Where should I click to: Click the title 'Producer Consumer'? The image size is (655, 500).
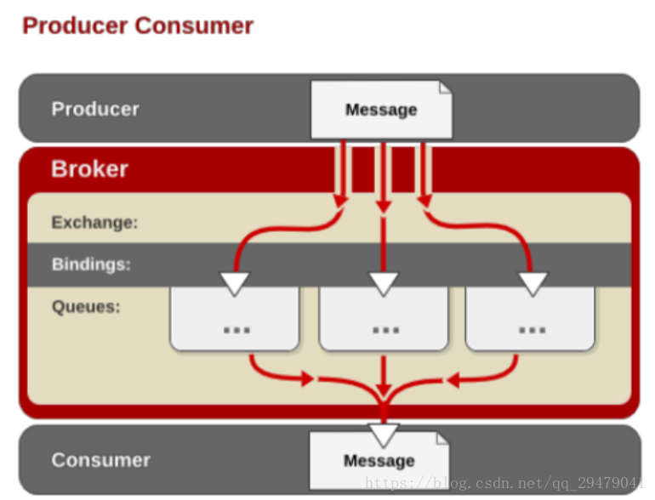(138, 26)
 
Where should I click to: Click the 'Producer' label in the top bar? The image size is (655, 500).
(95, 109)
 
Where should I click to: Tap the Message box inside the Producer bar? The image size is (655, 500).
(381, 110)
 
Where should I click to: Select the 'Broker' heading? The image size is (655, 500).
(89, 169)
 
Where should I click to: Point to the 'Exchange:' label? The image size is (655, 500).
(94, 222)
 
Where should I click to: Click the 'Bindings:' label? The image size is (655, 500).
(91, 264)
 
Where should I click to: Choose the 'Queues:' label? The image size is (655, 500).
(86, 307)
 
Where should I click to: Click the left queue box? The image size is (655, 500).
(235, 318)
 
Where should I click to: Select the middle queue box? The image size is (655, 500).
(384, 318)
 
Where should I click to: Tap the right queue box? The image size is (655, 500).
(530, 318)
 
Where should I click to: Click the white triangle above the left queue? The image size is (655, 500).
(235, 283)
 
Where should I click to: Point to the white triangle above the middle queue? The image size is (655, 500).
(384, 283)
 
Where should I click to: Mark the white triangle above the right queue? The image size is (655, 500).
(533, 283)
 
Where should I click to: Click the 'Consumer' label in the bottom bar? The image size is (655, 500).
(100, 460)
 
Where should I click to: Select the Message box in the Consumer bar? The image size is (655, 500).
(379, 460)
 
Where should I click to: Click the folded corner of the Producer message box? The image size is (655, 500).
(445, 88)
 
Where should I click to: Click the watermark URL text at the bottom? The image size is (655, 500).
(504, 483)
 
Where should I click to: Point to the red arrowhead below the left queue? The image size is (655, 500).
(308, 379)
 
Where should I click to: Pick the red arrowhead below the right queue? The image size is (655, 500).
(453, 381)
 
